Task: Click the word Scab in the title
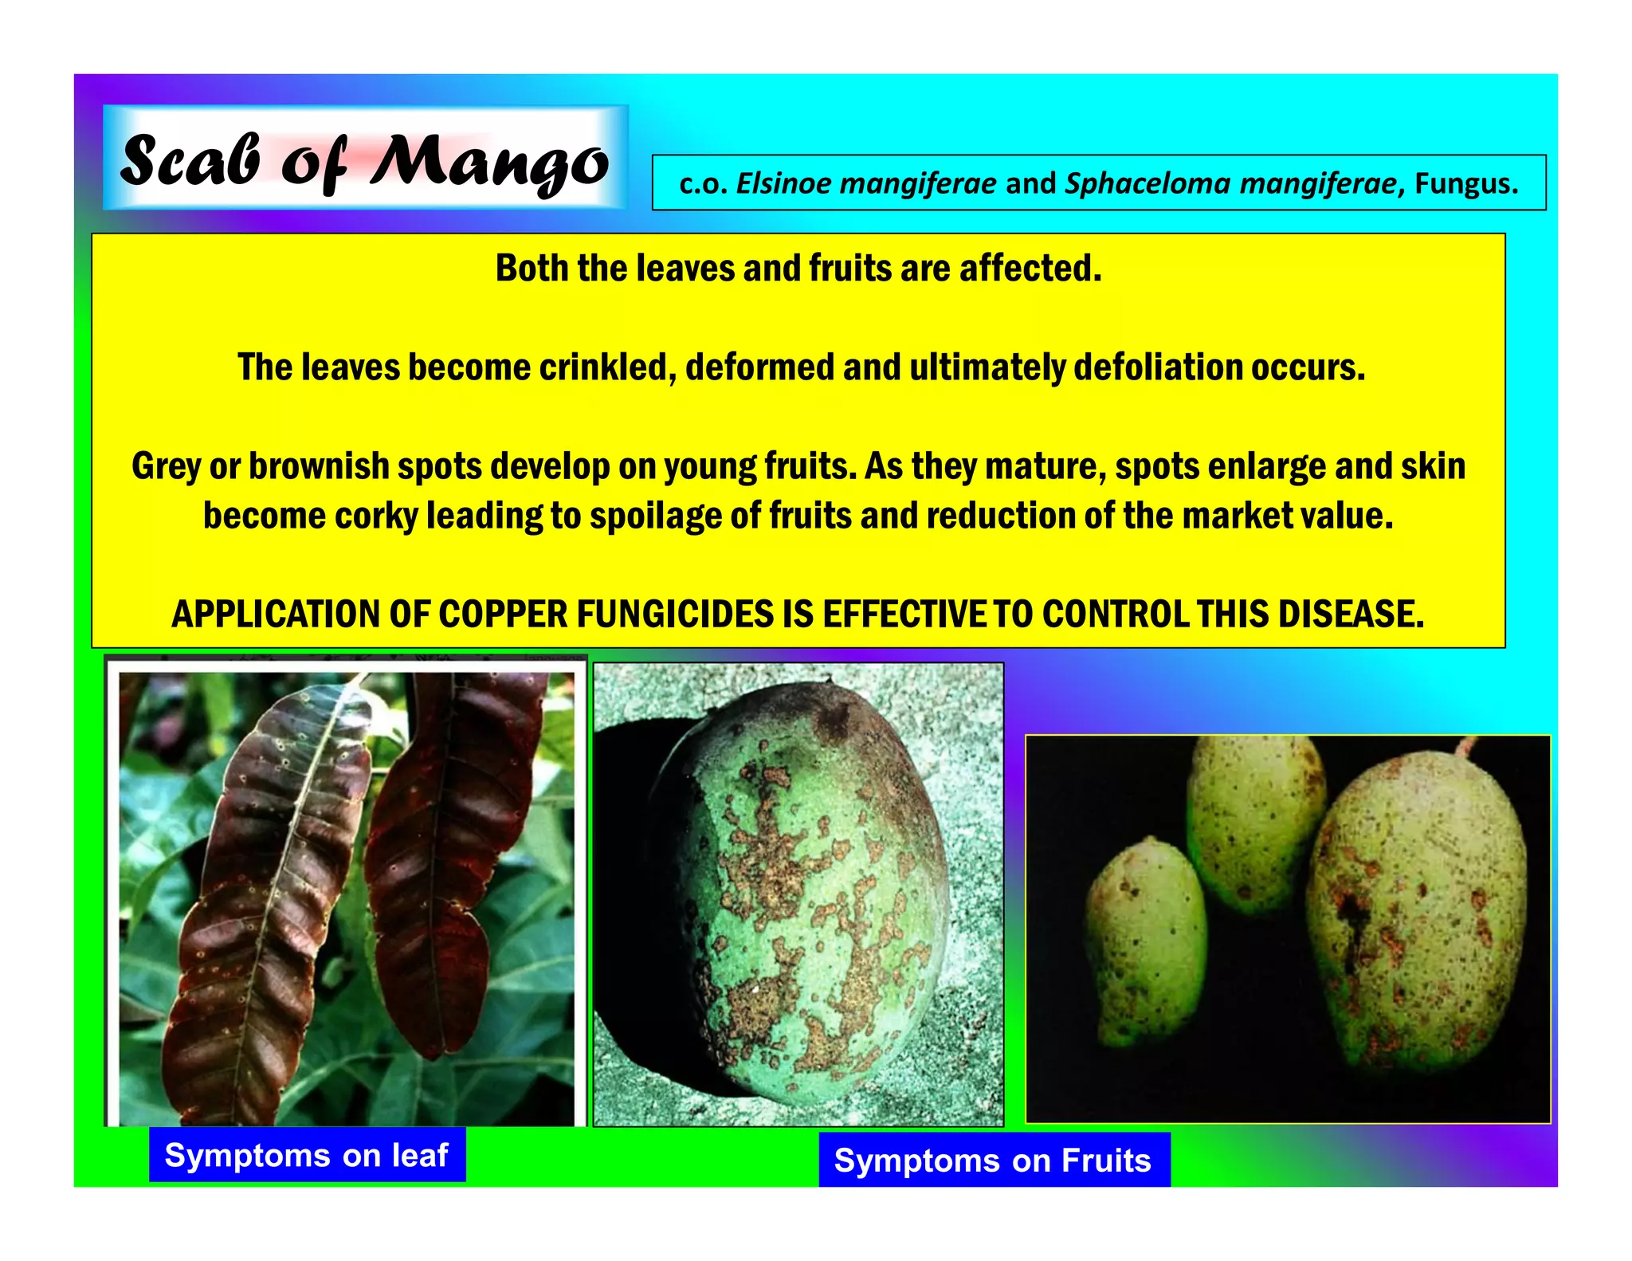pos(190,162)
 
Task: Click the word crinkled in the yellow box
pos(606,367)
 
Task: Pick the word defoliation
pos(1157,367)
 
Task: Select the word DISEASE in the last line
pos(1351,615)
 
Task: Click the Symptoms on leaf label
pos(307,1155)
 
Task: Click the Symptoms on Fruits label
pos(993,1161)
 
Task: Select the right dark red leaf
pos(454,845)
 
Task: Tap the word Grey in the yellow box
pos(166,467)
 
